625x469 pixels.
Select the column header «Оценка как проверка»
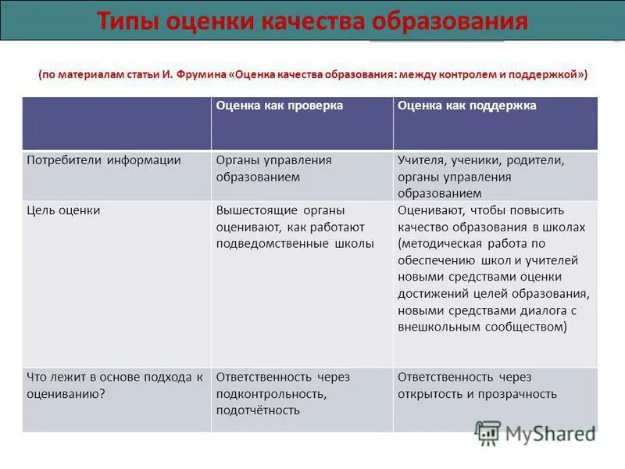(x=280, y=106)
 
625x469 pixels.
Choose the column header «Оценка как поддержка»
(x=466, y=106)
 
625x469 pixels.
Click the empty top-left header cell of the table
(x=116, y=123)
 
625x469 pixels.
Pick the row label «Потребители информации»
(x=104, y=160)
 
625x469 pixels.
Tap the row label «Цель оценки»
(x=63, y=210)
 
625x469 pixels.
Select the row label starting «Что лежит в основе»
(x=115, y=377)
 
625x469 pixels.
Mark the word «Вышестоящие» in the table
(x=252, y=210)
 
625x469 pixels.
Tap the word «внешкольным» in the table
(x=437, y=327)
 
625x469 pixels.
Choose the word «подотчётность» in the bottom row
(x=258, y=410)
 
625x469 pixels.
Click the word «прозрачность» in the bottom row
(x=520, y=394)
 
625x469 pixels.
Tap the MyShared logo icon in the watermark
(x=488, y=431)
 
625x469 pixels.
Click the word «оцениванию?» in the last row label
(x=66, y=394)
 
